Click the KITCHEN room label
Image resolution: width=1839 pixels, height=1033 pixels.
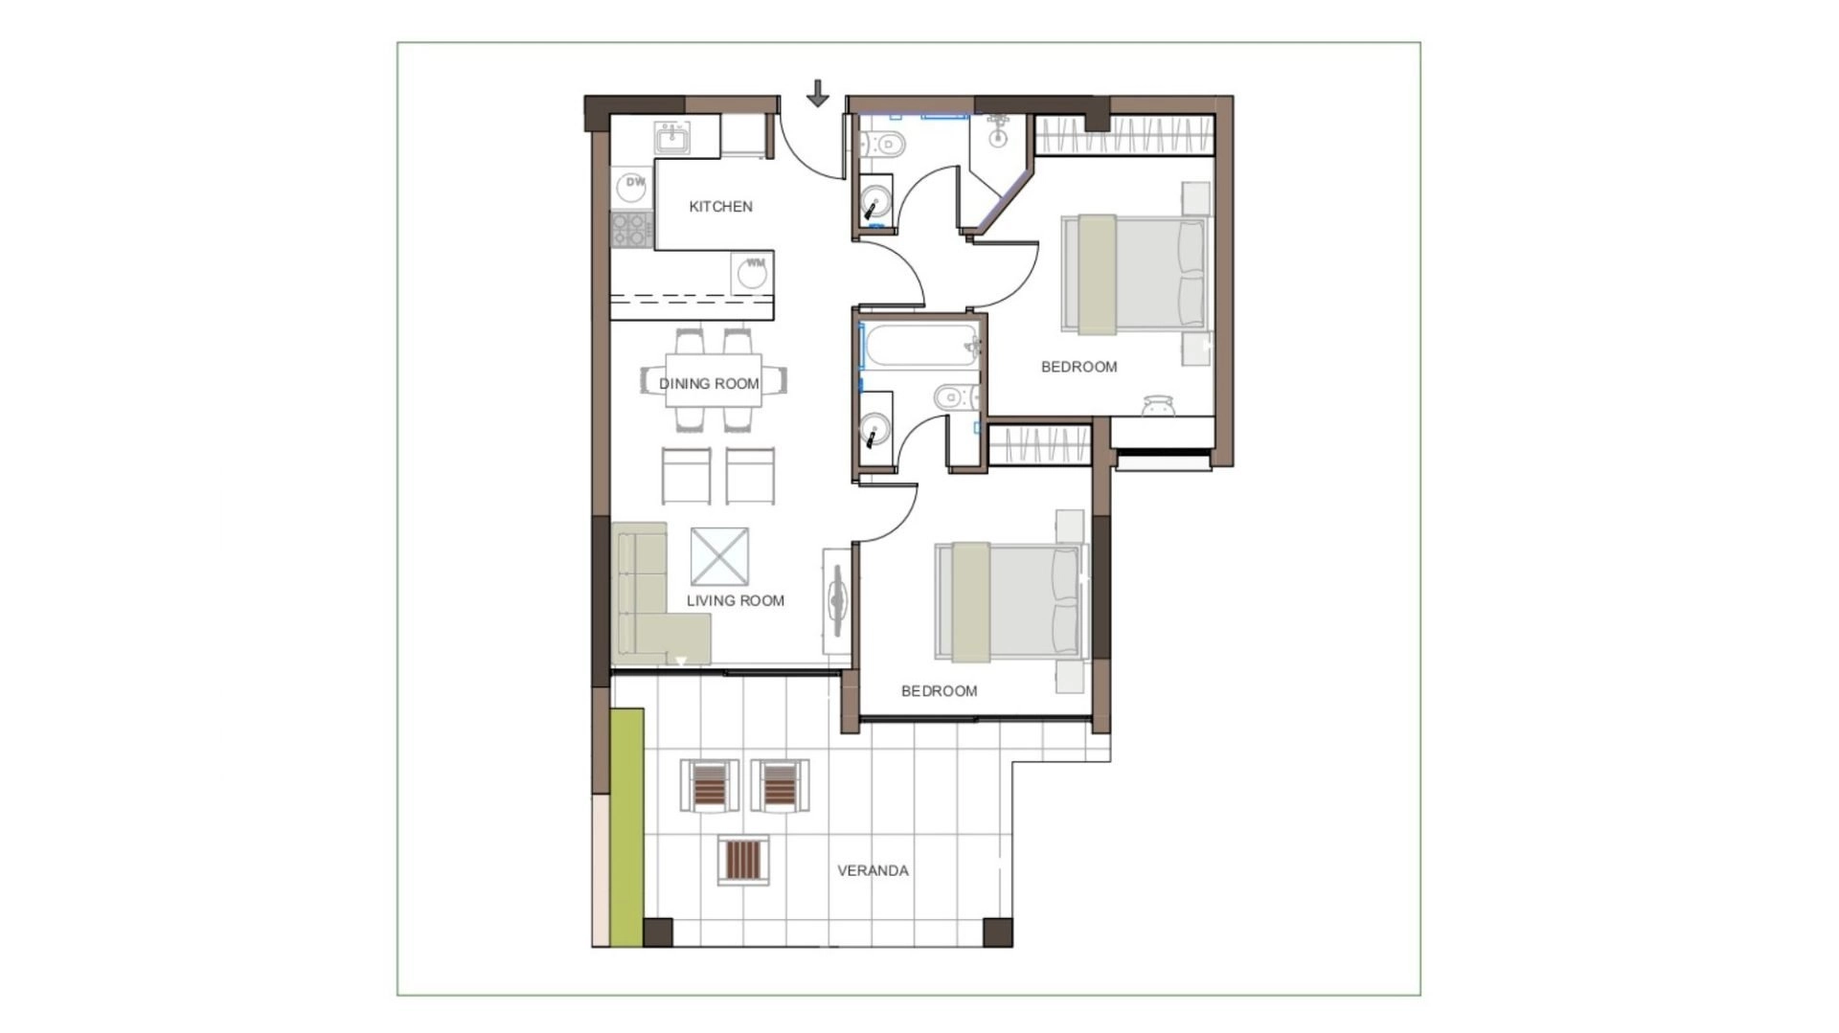[x=720, y=207]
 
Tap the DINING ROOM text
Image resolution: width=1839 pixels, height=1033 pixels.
[x=709, y=384]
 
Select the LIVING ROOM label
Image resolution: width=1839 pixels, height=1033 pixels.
[x=736, y=601]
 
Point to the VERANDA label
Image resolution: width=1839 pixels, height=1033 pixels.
[x=873, y=871]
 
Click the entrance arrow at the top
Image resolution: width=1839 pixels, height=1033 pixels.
[x=817, y=94]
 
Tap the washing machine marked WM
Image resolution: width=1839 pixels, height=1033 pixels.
[x=753, y=273]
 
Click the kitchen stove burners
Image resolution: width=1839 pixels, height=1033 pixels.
[x=632, y=230]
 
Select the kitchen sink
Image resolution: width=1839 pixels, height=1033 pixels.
[x=672, y=138]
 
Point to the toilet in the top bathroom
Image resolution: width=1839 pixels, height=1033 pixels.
[x=882, y=144]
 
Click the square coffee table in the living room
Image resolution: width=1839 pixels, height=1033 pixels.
[x=719, y=556]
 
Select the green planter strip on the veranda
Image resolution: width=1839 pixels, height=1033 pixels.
[x=626, y=829]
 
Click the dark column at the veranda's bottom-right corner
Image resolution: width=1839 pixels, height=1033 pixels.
[x=997, y=932]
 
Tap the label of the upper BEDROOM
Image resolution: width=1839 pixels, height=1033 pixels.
[x=1078, y=367]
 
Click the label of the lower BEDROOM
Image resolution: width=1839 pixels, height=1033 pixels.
[x=939, y=691]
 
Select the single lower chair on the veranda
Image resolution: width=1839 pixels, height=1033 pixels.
[x=743, y=859]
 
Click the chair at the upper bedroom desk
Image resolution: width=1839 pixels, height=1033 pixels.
[x=1159, y=406]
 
